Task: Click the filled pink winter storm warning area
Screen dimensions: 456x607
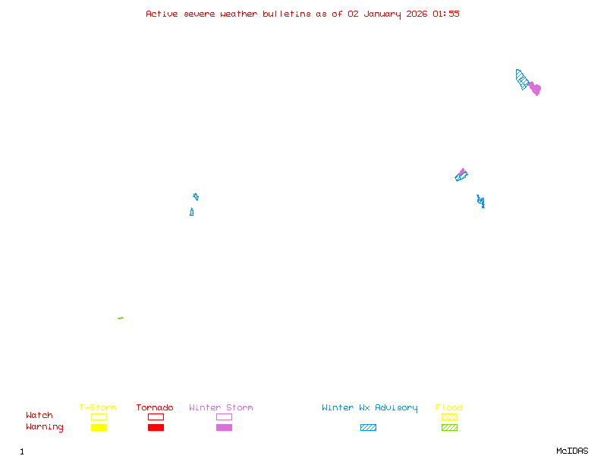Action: click(535, 89)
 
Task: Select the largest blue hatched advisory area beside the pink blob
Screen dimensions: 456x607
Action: click(522, 79)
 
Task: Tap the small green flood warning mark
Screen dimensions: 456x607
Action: click(121, 318)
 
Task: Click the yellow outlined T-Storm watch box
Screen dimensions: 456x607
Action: click(99, 416)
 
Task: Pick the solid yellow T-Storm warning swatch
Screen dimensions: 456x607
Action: click(99, 428)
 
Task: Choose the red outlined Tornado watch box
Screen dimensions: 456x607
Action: click(156, 416)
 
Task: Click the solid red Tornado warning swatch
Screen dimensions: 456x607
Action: click(156, 428)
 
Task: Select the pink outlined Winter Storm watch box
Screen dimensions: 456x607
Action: click(224, 416)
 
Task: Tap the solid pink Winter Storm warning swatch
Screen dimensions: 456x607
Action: click(224, 428)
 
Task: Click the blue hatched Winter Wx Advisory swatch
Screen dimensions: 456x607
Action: click(368, 428)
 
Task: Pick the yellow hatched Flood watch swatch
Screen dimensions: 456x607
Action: click(449, 416)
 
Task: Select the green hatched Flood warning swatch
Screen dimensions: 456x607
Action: click(449, 428)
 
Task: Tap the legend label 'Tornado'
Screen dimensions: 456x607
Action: click(155, 408)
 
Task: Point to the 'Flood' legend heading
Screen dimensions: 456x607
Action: click(449, 408)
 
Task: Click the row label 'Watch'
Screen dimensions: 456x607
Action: click(39, 416)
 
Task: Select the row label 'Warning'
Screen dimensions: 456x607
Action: click(45, 427)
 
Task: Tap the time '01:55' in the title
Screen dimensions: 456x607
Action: click(446, 14)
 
